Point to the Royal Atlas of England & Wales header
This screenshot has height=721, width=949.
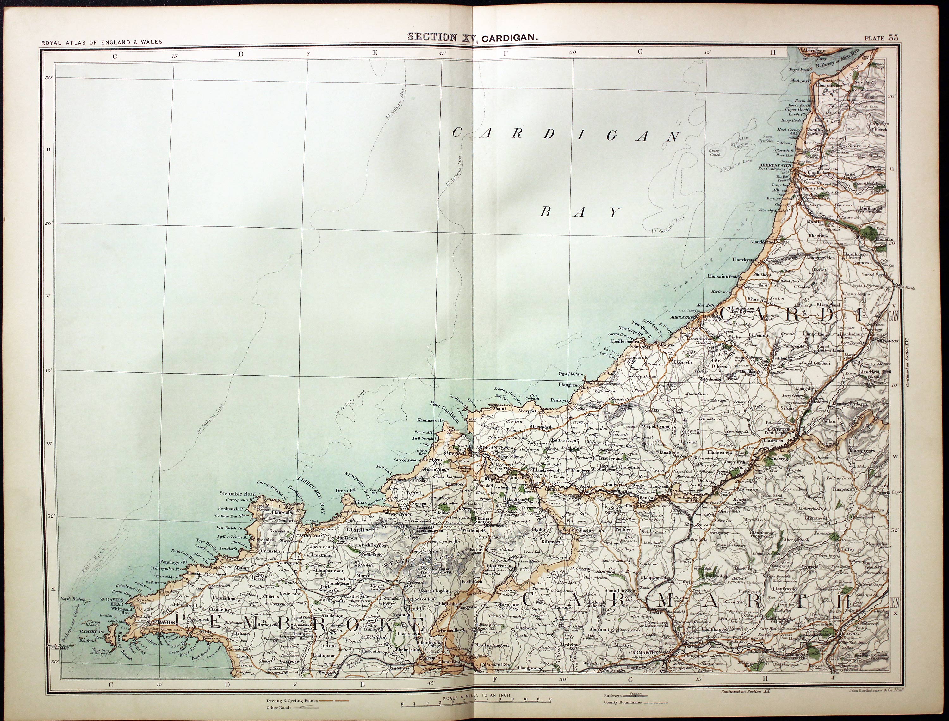tap(102, 42)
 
